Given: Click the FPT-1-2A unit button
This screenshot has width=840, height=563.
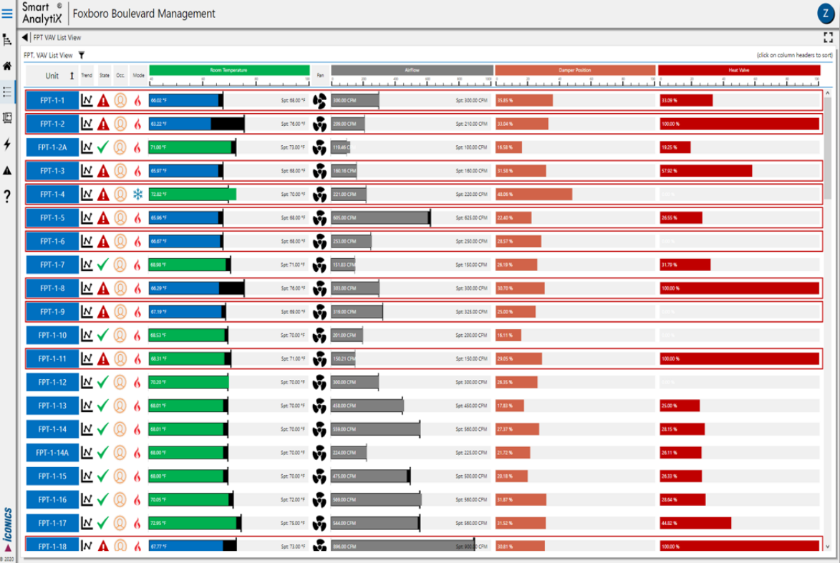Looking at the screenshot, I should coord(52,147).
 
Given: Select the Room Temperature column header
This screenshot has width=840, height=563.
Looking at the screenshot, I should coord(229,70).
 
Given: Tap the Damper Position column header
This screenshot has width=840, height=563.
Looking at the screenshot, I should coord(575,70).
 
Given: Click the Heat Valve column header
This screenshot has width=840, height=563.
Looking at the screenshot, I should coord(738,70).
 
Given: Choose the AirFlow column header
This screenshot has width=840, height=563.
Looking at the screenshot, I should coord(412,70).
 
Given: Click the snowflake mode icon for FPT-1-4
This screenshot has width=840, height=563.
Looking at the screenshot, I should coord(137,195).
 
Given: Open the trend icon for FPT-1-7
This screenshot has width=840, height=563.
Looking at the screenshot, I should coord(87,265).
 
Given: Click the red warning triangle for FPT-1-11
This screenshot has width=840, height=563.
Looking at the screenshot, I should coord(103,359).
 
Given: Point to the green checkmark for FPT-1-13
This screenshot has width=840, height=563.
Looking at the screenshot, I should coord(103,406).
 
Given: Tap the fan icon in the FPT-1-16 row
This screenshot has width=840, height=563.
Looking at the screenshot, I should coord(320,499).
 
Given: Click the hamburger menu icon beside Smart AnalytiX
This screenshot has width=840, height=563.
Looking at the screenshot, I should coord(8,14).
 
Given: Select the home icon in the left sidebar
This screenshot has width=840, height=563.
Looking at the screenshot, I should coord(7,66).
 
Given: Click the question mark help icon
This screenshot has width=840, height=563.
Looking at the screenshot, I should coord(7,196).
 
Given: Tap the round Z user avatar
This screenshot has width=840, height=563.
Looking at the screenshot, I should coord(825,14).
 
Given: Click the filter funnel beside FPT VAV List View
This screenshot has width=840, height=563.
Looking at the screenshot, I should coord(82,55).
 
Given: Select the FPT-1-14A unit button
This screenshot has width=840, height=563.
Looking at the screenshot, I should coord(52,453).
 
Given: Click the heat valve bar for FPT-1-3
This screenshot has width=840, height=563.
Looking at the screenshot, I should coord(706,171).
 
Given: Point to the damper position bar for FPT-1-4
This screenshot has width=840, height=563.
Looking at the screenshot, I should coord(534,195).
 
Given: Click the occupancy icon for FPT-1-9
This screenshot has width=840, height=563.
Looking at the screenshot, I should coord(120,312).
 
